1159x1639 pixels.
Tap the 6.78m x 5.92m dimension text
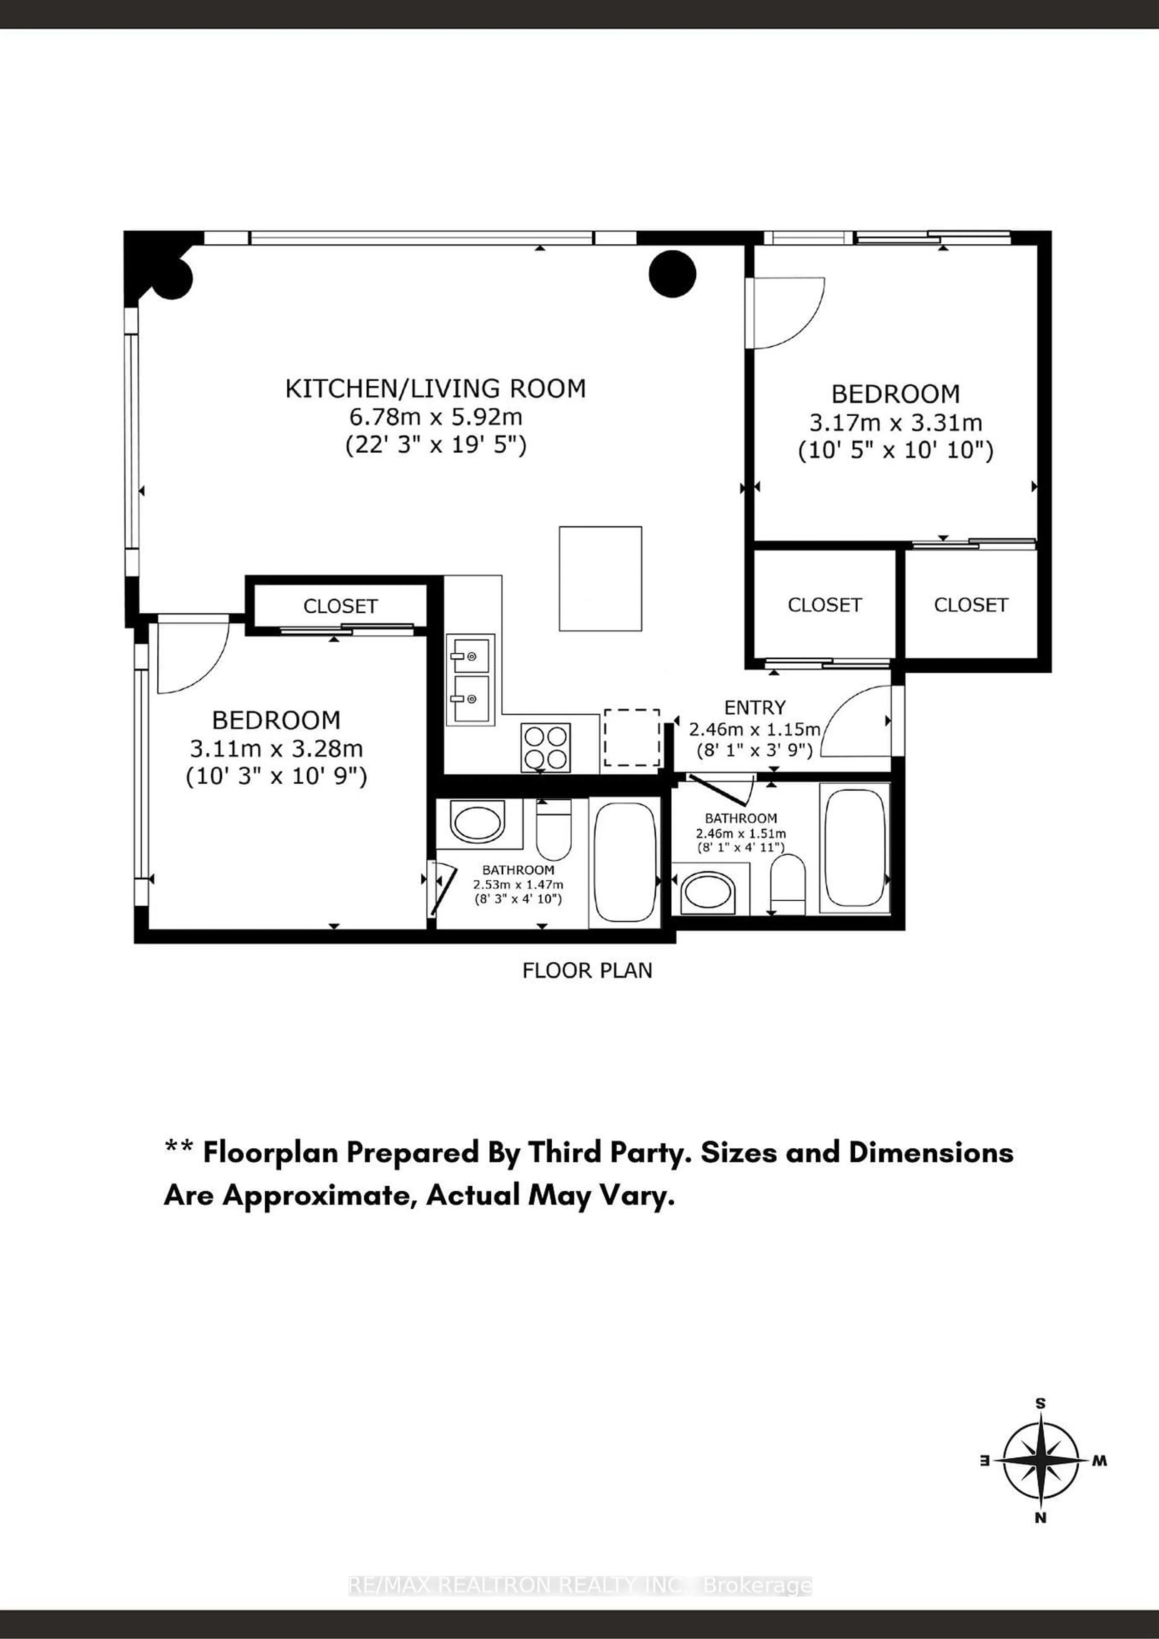point(436,417)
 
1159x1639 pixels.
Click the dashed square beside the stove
point(631,737)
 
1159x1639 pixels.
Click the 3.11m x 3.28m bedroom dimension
point(276,749)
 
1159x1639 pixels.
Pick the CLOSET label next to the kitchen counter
point(340,606)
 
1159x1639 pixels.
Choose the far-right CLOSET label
point(970,605)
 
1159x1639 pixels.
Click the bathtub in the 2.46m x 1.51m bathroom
point(855,847)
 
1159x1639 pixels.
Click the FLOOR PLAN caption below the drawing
point(587,971)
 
